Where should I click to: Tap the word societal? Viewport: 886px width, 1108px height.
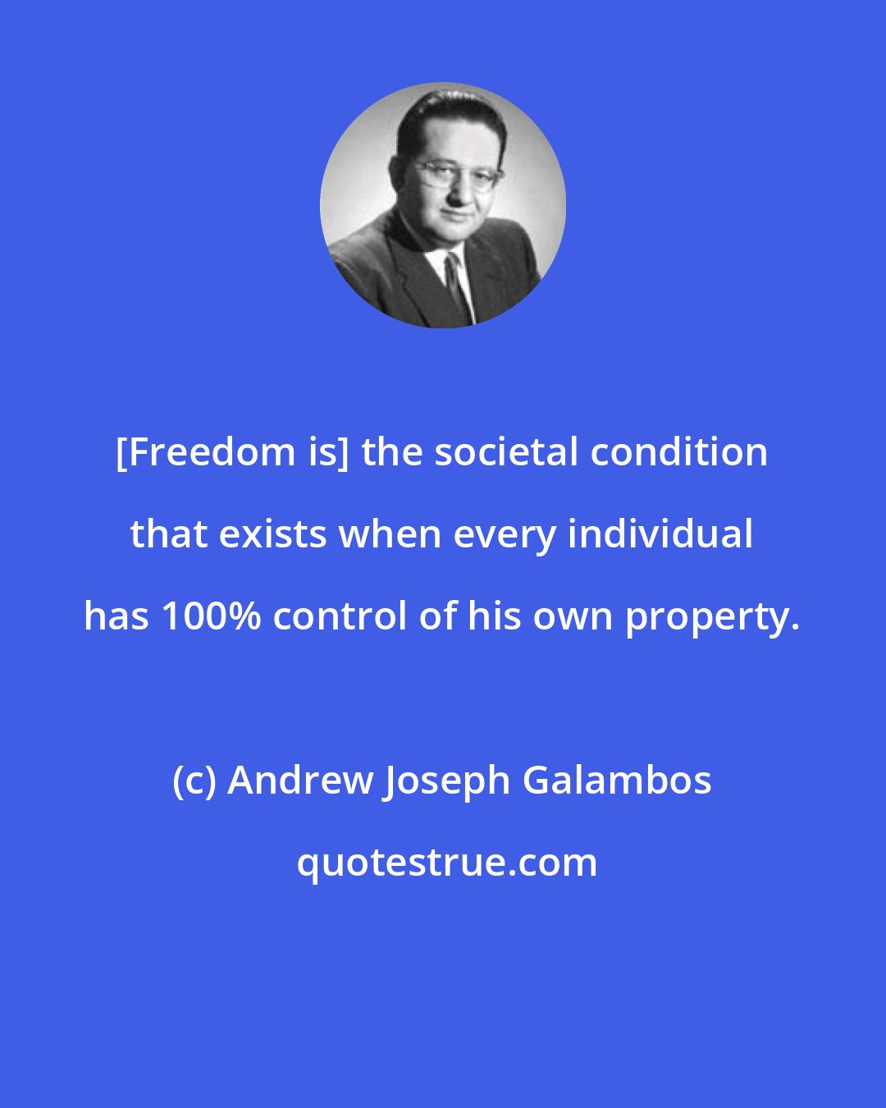click(x=504, y=452)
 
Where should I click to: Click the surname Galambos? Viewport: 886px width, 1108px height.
click(x=617, y=781)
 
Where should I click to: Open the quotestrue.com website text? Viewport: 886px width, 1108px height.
click(x=446, y=863)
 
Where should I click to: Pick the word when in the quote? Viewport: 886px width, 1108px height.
click(x=380, y=534)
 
